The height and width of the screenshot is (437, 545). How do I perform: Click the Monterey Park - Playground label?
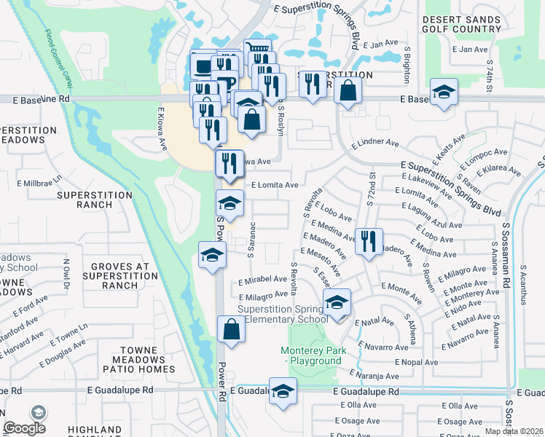coord(311,355)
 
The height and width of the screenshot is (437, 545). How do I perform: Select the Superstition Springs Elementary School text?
coord(278,314)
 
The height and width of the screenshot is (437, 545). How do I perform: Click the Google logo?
coord(24,428)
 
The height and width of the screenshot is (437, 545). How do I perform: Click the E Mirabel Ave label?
coord(262,278)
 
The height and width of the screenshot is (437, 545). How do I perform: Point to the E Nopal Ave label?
coord(416,362)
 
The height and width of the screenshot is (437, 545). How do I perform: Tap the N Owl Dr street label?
coord(66,274)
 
